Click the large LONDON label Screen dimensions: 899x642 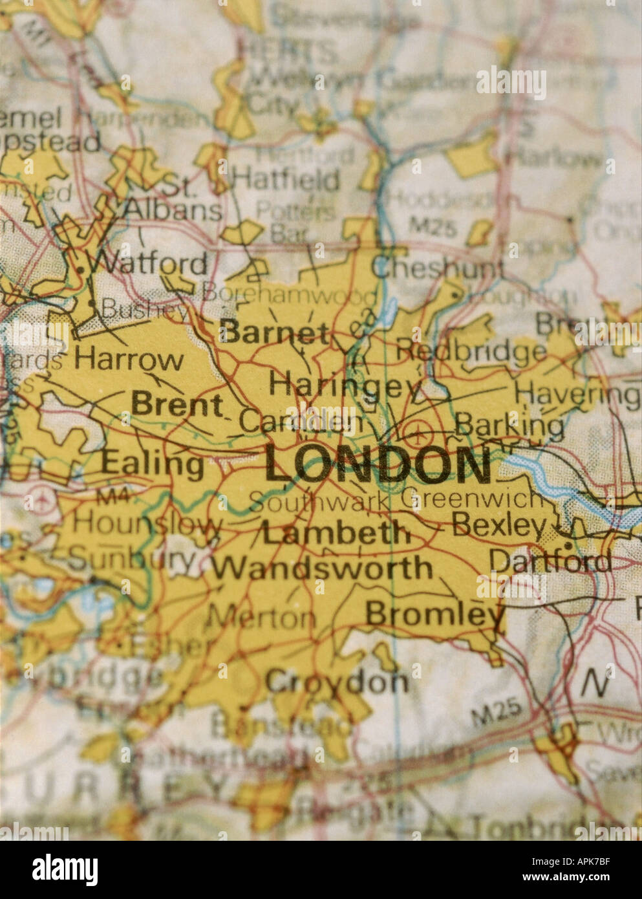click(378, 464)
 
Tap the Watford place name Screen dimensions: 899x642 click(148, 264)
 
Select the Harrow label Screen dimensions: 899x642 click(129, 359)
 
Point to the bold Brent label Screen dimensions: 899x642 click(177, 405)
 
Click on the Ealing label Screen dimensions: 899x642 click(153, 463)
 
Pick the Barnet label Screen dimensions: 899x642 click(275, 332)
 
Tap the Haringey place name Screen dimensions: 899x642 click(344, 385)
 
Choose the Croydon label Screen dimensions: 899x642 click(337, 682)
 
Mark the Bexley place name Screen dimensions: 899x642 click(499, 525)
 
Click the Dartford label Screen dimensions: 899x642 click(550, 561)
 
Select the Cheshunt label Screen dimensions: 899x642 click(438, 268)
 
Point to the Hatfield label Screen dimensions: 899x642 click(286, 179)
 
